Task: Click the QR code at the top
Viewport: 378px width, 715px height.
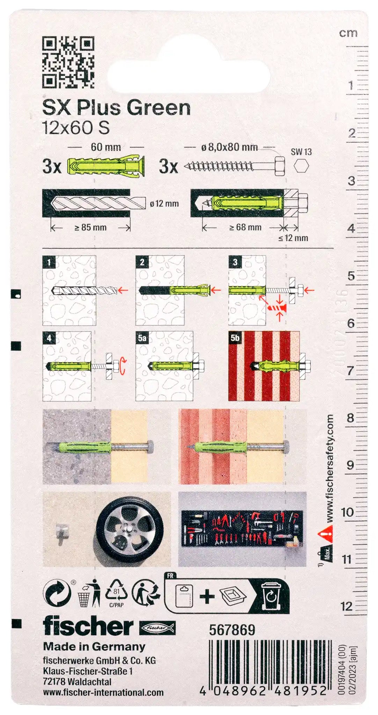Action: click(x=68, y=62)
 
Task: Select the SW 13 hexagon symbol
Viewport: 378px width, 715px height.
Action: click(x=301, y=166)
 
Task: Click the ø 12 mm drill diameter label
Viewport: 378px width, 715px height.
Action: click(x=164, y=204)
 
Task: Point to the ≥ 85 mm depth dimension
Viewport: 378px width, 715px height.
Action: click(x=90, y=228)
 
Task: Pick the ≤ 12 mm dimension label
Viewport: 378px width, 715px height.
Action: click(x=293, y=238)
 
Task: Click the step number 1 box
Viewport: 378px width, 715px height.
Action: click(x=49, y=262)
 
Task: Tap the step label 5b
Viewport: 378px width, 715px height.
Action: click(x=235, y=338)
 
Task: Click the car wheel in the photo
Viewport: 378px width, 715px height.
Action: click(x=130, y=530)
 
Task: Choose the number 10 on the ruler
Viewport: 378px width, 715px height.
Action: click(x=347, y=512)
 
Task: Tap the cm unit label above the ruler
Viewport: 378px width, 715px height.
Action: click(x=348, y=33)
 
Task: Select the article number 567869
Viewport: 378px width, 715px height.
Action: click(x=232, y=630)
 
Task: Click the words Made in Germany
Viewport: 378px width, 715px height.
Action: click(x=94, y=647)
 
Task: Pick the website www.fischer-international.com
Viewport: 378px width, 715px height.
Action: click(x=103, y=693)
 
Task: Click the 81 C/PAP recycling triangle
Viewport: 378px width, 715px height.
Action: click(x=116, y=593)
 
